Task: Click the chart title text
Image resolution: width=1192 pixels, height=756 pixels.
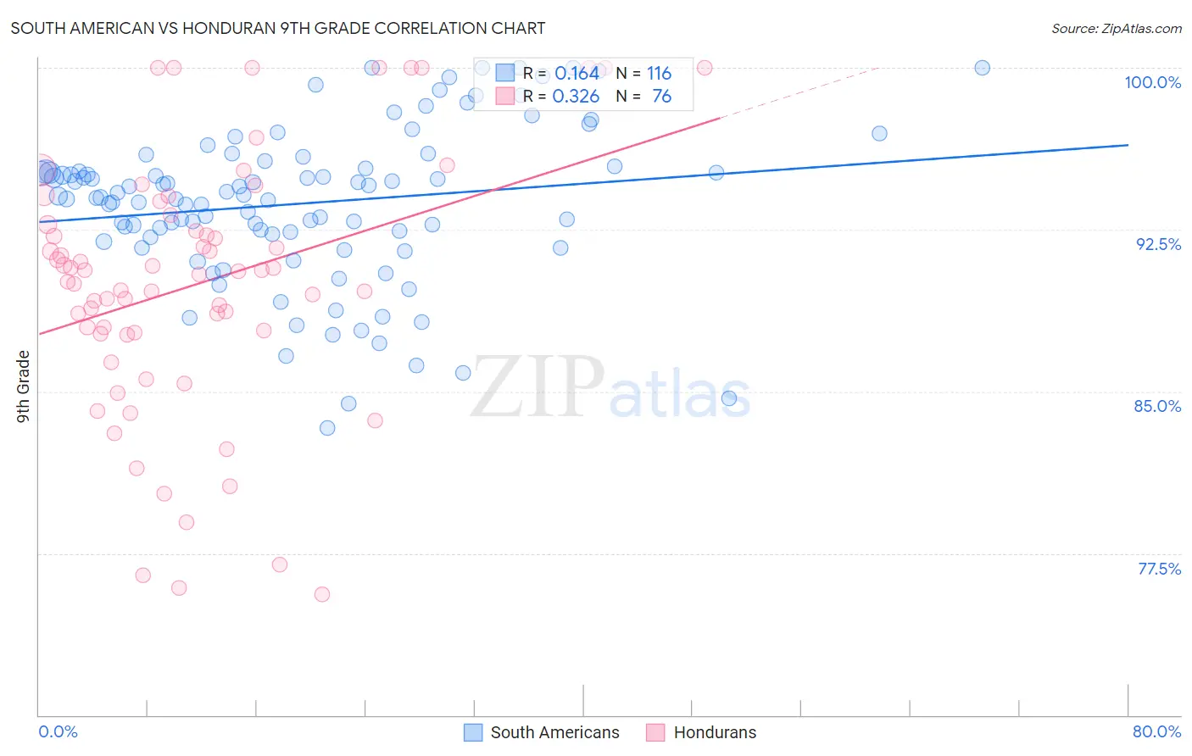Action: tap(278, 28)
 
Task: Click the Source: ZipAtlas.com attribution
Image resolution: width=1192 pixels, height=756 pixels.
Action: tap(1116, 28)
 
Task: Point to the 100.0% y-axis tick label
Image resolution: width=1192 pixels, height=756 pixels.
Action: tap(1152, 82)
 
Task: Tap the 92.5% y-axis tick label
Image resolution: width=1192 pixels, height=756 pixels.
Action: tap(1158, 244)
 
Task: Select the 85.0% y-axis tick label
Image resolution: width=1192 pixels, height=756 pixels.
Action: tap(1157, 406)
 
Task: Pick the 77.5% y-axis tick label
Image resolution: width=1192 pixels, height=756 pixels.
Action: tap(1159, 569)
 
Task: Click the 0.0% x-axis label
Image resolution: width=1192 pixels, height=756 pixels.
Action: tap(58, 731)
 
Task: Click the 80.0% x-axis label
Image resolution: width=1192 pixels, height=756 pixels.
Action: tap(1156, 731)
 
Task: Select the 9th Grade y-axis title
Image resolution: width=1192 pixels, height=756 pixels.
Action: tap(24, 386)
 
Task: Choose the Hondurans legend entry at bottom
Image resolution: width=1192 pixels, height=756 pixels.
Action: tap(715, 732)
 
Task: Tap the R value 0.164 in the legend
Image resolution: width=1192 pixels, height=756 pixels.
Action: tap(577, 74)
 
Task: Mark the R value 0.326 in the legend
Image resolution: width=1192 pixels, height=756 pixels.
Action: tap(576, 97)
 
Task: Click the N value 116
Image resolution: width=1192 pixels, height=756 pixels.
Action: tap(659, 74)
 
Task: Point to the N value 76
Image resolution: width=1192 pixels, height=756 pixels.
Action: tap(661, 97)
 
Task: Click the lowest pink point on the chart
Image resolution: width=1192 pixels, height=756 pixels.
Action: tap(322, 594)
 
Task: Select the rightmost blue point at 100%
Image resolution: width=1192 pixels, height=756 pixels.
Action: tap(982, 68)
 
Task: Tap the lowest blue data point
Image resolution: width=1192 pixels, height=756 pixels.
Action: tap(327, 428)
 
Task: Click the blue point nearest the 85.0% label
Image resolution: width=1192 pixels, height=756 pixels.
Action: tap(729, 398)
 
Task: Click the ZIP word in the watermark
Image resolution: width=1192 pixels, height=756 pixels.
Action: tap(537, 388)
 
